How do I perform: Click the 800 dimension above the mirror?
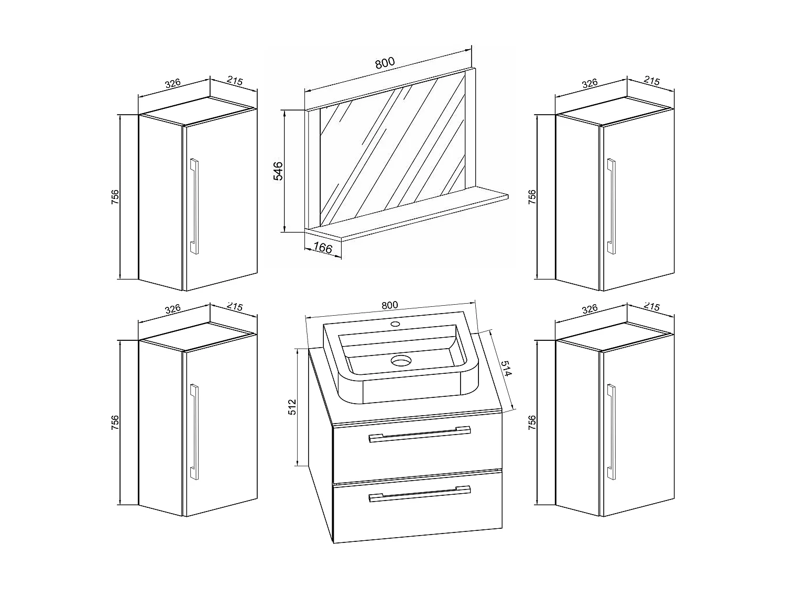tap(384, 63)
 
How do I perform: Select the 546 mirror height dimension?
tap(278, 171)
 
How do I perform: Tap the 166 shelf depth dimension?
tap(322, 247)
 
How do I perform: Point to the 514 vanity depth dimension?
tap(505, 369)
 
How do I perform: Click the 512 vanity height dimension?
tap(292, 407)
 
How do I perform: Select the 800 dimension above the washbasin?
tap(389, 305)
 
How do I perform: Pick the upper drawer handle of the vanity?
tap(420, 435)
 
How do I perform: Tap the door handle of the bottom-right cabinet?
tap(611, 430)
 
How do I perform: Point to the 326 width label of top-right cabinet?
tap(589, 83)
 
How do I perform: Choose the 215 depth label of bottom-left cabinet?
tap(235, 307)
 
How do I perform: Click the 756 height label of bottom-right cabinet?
tap(532, 422)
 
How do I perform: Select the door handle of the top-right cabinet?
tap(611, 206)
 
